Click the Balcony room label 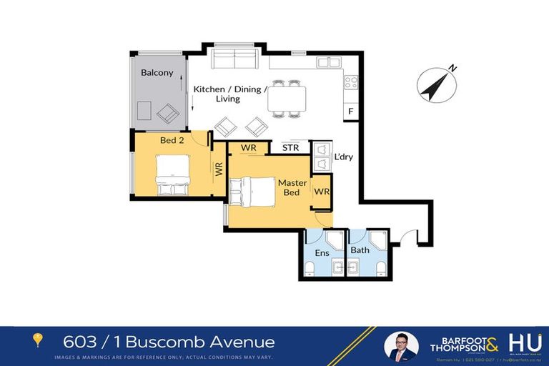pyautogui.click(x=157, y=73)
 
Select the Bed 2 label pyautogui.click(x=172, y=140)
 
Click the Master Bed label pyautogui.click(x=292, y=188)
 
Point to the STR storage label pyautogui.click(x=290, y=148)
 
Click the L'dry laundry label pyautogui.click(x=344, y=157)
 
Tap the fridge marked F pyautogui.click(x=350, y=112)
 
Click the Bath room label pyautogui.click(x=360, y=250)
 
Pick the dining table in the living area pyautogui.click(x=287, y=99)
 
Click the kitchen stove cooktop pyautogui.click(x=350, y=82)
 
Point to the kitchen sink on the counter pyautogui.click(x=329, y=62)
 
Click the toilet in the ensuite pyautogui.click(x=310, y=269)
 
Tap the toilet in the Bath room pyautogui.click(x=380, y=269)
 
